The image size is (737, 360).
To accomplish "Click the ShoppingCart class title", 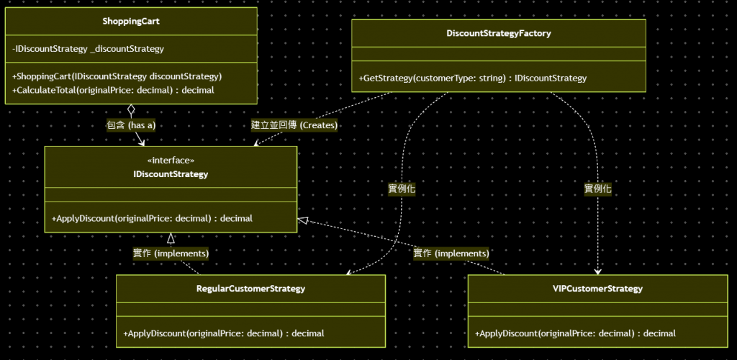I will (x=131, y=22).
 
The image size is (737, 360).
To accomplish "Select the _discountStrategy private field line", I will (x=88, y=49).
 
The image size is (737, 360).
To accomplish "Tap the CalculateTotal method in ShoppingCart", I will (x=113, y=90).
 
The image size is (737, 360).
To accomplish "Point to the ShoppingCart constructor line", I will (x=117, y=76).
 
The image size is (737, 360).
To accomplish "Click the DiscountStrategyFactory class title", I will (x=498, y=33).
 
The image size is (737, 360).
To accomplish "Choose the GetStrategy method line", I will (x=473, y=78).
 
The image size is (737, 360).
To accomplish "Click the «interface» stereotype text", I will (x=171, y=161).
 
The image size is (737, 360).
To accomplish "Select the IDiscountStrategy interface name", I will (x=171, y=174).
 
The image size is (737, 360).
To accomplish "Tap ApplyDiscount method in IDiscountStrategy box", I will (x=152, y=217).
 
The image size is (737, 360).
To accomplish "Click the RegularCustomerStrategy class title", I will (x=250, y=289).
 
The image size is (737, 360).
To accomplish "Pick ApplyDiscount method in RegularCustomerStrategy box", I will (x=224, y=333).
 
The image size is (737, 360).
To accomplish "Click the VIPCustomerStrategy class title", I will (x=592, y=289).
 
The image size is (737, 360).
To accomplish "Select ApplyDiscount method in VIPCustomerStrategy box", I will (x=575, y=333).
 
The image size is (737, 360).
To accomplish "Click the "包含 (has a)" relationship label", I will (x=130, y=125).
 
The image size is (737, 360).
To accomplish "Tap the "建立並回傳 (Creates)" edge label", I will (x=294, y=125).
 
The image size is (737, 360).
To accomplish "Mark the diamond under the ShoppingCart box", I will (x=131, y=110).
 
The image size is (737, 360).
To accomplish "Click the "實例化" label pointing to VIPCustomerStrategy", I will (x=597, y=189).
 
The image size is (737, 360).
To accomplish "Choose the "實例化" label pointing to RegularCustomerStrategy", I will (x=402, y=189).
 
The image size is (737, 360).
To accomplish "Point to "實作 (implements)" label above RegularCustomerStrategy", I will (x=171, y=253).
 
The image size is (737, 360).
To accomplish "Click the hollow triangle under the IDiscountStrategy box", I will (x=171, y=238).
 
